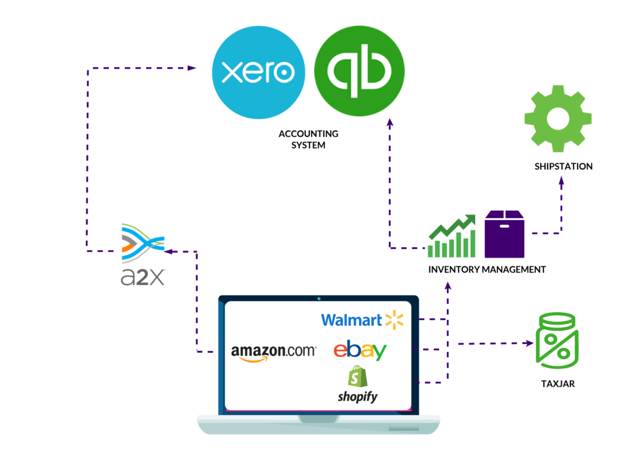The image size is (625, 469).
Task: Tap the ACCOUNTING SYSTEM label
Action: click(308, 139)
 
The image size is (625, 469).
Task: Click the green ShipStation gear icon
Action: click(557, 119)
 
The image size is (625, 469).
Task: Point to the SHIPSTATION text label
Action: click(563, 166)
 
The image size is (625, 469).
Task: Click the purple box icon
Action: click(504, 234)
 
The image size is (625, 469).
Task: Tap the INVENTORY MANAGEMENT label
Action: click(487, 270)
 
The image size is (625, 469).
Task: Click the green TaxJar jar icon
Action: click(557, 340)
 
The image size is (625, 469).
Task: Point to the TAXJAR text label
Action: click(558, 384)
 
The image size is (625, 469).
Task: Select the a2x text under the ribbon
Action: click(142, 276)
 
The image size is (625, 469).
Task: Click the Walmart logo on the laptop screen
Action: click(362, 320)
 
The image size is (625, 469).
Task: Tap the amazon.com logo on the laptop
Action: click(273, 352)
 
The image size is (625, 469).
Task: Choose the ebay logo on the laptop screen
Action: click(360, 350)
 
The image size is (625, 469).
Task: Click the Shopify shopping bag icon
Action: click(358, 376)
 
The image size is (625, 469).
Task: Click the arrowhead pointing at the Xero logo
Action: click(192, 68)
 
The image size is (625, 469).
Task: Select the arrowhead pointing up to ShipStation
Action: click(561, 180)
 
